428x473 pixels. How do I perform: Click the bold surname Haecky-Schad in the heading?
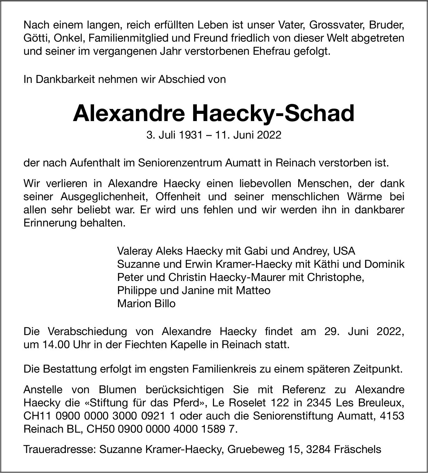[x=273, y=114]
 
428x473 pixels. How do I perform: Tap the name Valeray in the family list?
[x=134, y=251]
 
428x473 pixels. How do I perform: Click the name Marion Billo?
[x=146, y=303]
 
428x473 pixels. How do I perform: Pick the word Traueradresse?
[x=60, y=449]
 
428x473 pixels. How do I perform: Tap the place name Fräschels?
[x=357, y=449]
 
